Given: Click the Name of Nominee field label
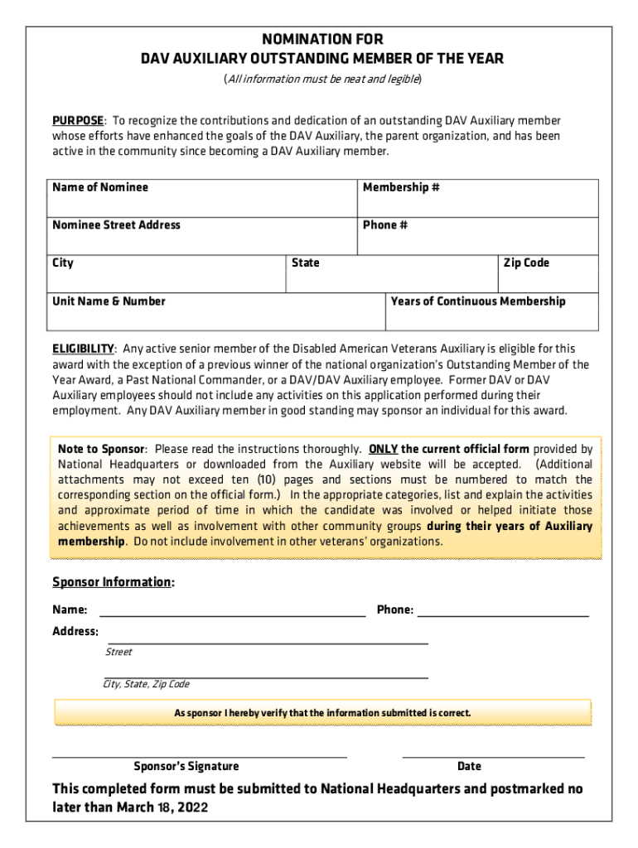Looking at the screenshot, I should [x=100, y=187].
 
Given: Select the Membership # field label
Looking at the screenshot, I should [x=401, y=187].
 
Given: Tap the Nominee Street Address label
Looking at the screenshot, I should [x=116, y=224].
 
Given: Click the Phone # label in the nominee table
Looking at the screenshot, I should [x=385, y=224].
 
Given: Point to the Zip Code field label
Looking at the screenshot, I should [x=526, y=263].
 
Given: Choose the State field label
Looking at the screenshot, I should [x=306, y=263].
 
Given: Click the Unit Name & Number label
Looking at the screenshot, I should [x=109, y=301].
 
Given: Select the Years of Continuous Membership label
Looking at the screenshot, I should [x=478, y=301].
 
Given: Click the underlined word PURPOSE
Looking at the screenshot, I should [x=78, y=120].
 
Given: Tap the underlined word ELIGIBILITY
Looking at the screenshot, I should [x=83, y=349].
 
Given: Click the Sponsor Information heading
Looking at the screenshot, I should [x=113, y=582].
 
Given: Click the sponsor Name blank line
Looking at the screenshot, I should [x=232, y=611].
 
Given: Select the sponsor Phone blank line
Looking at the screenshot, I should [x=503, y=611].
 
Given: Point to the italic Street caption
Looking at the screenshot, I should [x=118, y=652].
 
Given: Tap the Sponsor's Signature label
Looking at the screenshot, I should [x=186, y=766].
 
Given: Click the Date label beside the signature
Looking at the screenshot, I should [x=469, y=766].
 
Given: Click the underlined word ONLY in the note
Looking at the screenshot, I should [x=383, y=449].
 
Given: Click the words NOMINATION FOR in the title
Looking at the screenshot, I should [x=322, y=40].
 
